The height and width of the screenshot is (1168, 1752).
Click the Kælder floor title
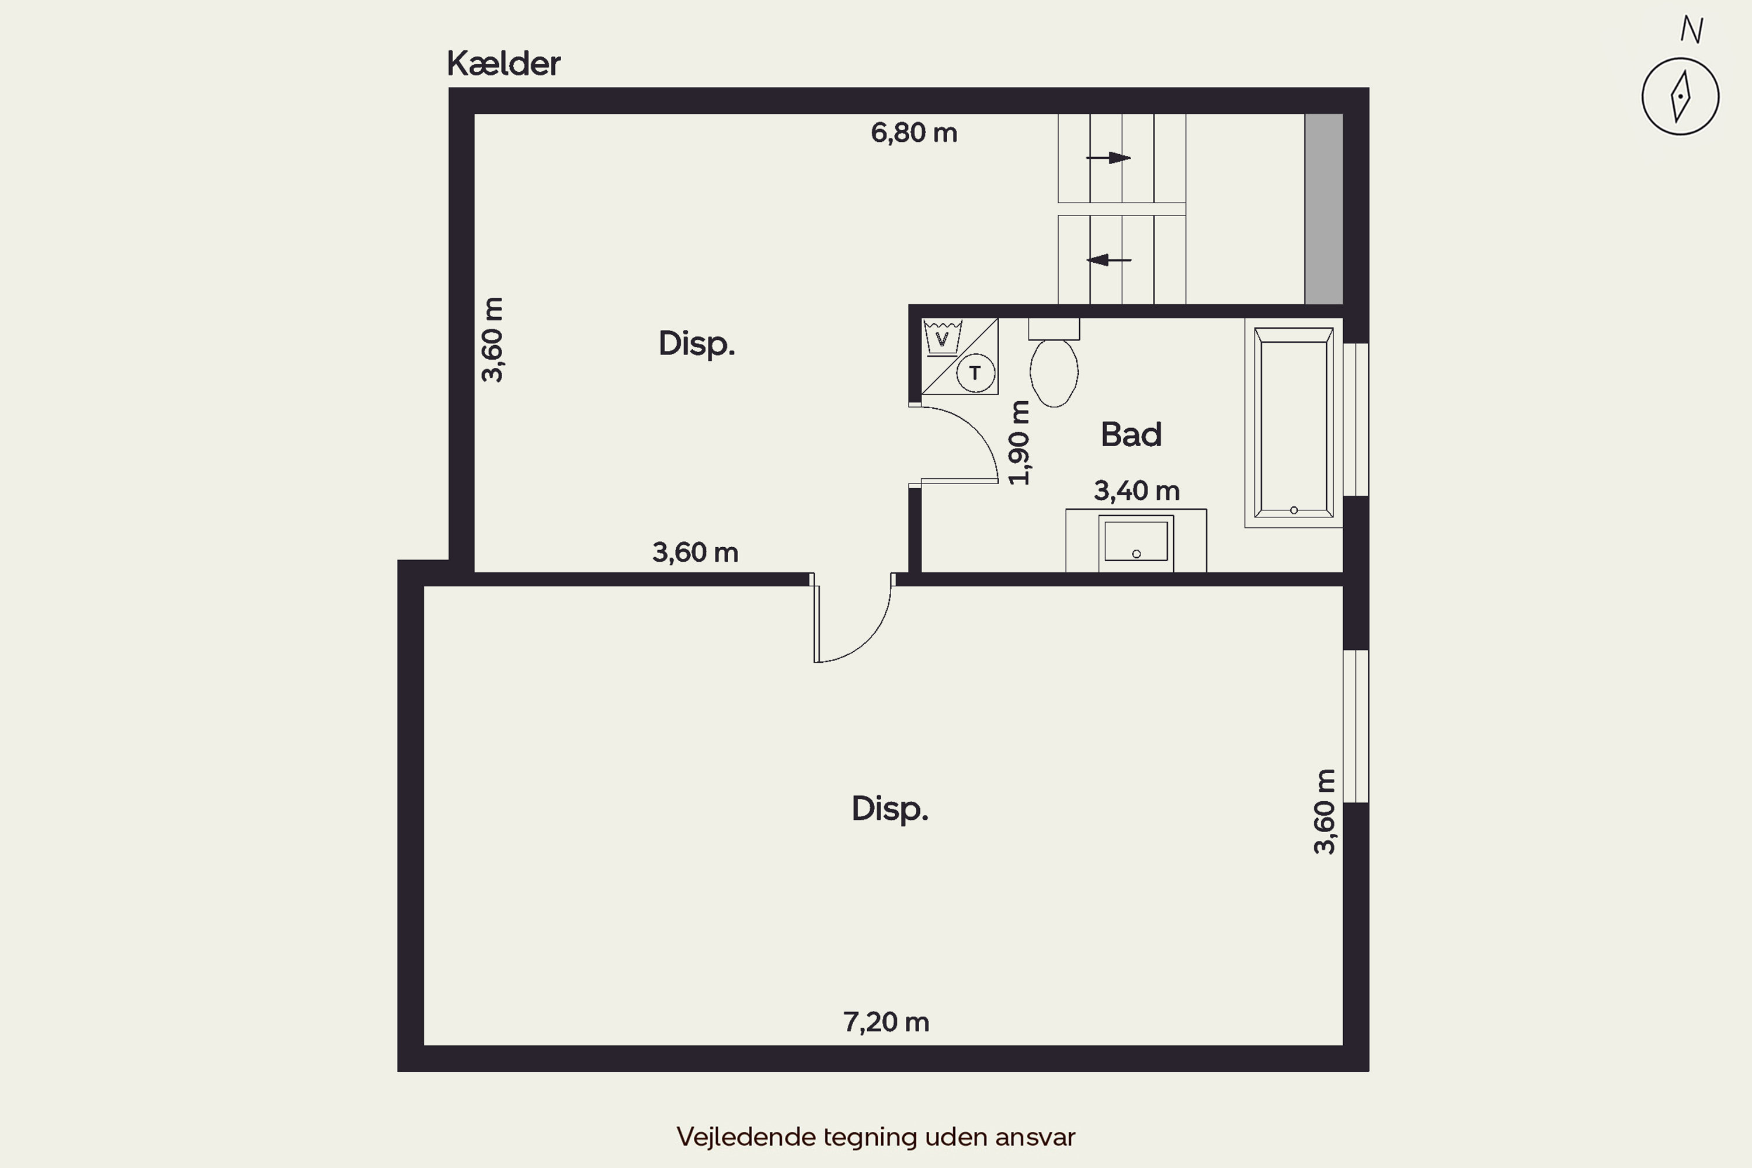503,64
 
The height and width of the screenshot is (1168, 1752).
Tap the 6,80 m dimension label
914,133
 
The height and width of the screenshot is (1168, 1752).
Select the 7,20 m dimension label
887,1022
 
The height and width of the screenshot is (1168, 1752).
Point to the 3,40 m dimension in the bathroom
1136,491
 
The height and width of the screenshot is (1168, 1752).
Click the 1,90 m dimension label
1019,443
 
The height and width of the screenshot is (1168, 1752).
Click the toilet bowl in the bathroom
1054,373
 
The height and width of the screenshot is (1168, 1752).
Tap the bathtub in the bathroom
1294,422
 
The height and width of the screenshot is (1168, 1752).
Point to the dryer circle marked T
975,373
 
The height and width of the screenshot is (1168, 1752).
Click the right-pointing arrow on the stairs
1108,158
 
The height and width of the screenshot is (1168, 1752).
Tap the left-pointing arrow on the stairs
1108,260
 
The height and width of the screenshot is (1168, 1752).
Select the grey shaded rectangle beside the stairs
1324,209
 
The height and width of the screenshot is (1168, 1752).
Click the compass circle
1681,97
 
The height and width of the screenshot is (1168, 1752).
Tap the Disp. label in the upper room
697,344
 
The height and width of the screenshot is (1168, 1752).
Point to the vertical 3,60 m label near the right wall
1325,811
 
